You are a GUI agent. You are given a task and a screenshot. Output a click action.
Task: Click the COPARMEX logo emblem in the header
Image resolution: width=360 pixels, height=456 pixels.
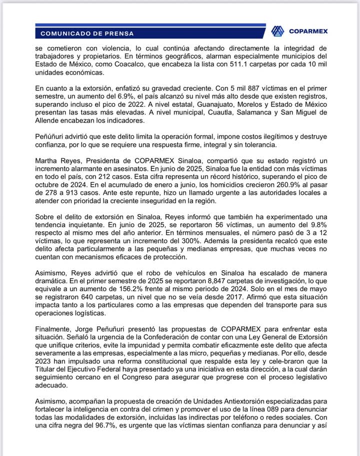click(x=277, y=31)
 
